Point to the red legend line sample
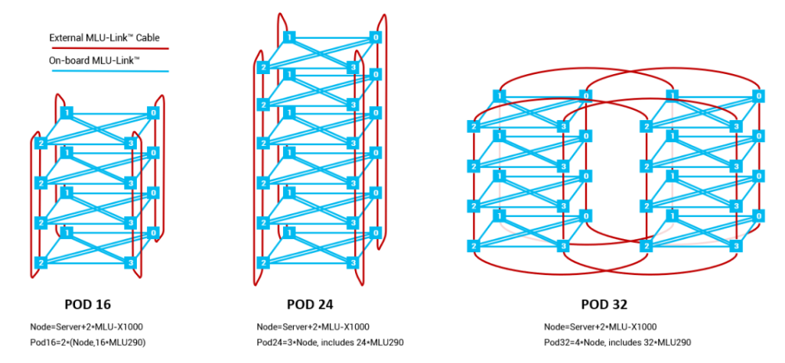point(109,49)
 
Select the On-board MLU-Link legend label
point(93,61)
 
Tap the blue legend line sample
point(110,71)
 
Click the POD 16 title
point(88,304)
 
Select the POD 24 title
point(310,304)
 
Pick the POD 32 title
point(604,304)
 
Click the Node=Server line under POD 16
point(86,328)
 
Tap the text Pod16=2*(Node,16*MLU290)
point(88,342)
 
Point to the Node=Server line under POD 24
point(313,328)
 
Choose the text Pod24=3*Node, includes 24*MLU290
point(330,342)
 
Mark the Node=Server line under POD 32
point(601,328)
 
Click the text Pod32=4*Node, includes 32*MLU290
point(617,342)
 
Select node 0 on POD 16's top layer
point(153,113)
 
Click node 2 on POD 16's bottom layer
point(40,262)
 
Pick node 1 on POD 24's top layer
point(289,37)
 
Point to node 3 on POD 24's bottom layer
point(353,262)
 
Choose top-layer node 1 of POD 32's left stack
point(499,96)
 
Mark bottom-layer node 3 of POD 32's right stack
point(736,246)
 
